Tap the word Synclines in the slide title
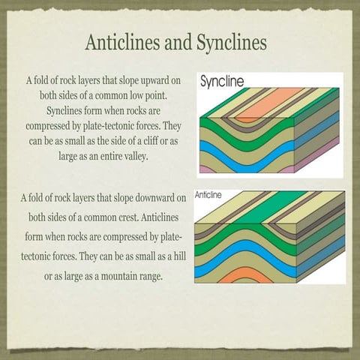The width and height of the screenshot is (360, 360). pyautogui.click(x=232, y=43)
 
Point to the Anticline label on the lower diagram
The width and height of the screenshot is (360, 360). pyautogui.click(x=208, y=194)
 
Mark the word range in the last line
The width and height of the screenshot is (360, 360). pyautogui.click(x=157, y=277)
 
